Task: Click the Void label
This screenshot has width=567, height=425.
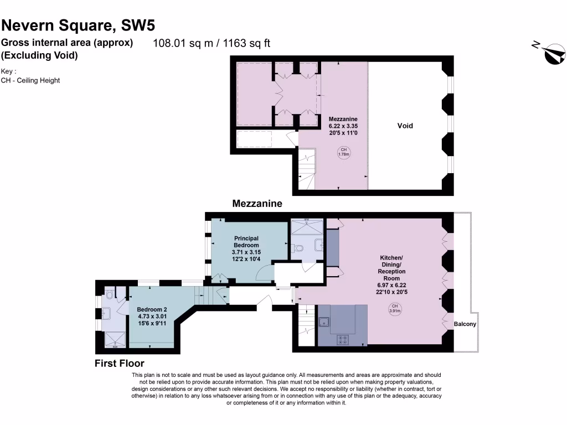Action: click(405, 126)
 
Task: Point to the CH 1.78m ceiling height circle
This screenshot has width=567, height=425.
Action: click(343, 152)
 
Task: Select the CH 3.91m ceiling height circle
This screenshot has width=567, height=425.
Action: click(395, 309)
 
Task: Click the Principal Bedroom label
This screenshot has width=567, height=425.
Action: click(246, 242)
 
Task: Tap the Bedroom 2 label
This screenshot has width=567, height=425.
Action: click(152, 309)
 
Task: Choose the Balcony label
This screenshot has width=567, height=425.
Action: click(465, 324)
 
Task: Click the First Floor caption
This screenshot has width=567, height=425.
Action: click(120, 364)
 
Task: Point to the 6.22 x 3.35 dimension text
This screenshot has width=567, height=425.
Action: click(343, 126)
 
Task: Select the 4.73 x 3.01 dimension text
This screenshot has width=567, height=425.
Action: click(152, 317)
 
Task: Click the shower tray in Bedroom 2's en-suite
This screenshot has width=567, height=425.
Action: click(115, 339)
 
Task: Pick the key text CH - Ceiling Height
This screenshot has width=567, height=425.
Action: click(30, 80)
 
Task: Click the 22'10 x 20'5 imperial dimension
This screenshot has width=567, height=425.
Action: click(391, 292)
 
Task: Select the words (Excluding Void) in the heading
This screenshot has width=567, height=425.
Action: click(39, 55)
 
